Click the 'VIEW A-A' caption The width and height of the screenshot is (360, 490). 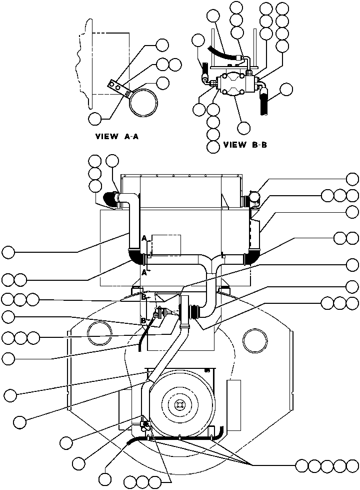[117, 137]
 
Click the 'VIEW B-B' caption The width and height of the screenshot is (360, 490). [245, 145]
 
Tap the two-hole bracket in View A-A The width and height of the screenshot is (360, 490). [118, 88]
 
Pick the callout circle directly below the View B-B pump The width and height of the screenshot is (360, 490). [244, 128]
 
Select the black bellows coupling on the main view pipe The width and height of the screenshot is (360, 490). [194, 310]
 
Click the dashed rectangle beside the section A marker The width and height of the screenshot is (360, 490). [166, 245]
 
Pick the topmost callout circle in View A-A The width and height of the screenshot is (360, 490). [162, 46]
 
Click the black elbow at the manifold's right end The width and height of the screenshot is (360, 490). [250, 258]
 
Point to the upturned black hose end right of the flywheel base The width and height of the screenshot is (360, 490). [221, 433]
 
